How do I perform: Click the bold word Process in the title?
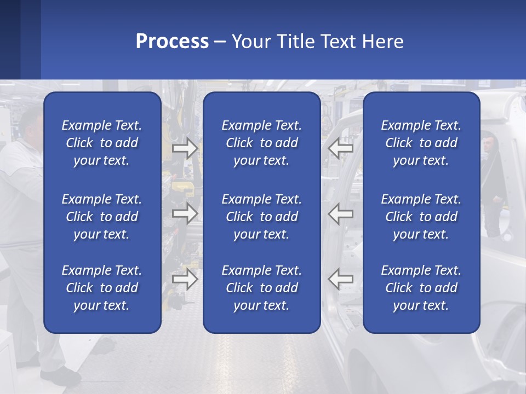[x=172, y=42]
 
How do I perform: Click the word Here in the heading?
[x=383, y=42]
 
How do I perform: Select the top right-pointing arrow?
[x=185, y=148]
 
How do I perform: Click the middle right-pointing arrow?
[x=185, y=213]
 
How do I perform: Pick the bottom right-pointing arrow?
[x=185, y=279]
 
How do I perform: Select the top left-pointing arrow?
[x=341, y=148]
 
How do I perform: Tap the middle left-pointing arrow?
[x=341, y=213]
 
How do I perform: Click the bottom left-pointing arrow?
[x=341, y=279]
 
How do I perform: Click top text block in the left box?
[x=102, y=143]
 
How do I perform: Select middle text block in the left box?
[x=102, y=217]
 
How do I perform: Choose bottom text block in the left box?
[x=102, y=288]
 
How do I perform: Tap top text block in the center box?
[x=261, y=143]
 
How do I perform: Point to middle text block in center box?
[x=261, y=217]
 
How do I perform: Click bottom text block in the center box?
[x=261, y=288]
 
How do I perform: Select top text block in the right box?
[x=421, y=143]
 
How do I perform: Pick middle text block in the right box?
[x=421, y=217]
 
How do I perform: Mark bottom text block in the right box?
[x=421, y=288]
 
